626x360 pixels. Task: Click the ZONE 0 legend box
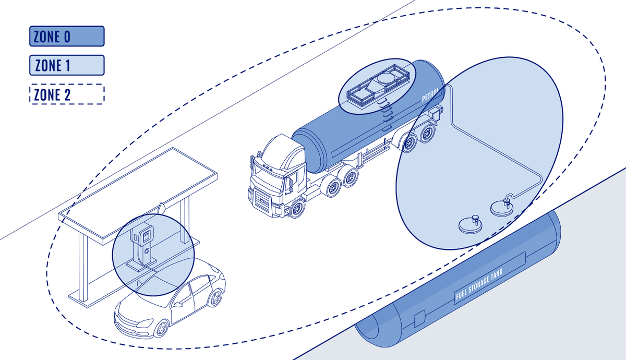pyautogui.click(x=67, y=37)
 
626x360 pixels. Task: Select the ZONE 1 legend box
pyautogui.click(x=67, y=65)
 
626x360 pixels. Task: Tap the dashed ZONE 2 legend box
pyautogui.click(x=67, y=94)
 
